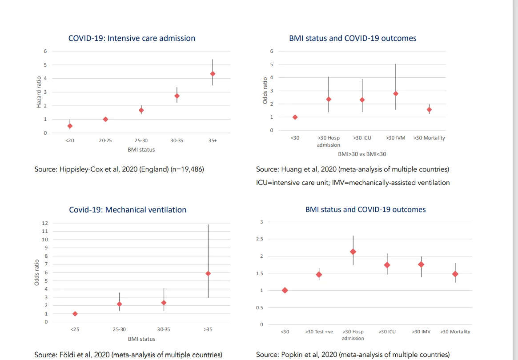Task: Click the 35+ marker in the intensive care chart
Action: [x=213, y=74]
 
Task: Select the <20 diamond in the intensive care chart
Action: [x=70, y=126]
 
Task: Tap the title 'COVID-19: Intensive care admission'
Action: [x=132, y=38]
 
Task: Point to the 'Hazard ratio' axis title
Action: [x=39, y=92]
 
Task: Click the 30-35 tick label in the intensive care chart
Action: [x=177, y=140]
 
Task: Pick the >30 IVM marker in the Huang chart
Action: [x=396, y=94]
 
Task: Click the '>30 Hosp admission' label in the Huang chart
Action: [x=329, y=141]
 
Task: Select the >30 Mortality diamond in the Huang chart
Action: [x=429, y=109]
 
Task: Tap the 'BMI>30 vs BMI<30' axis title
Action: [x=362, y=153]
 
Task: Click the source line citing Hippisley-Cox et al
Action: [x=119, y=169]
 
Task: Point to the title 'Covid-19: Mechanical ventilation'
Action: [x=128, y=210]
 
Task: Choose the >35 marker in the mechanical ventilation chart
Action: [x=208, y=273]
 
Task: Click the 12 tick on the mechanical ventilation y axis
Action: [x=44, y=223]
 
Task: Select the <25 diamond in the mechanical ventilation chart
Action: [x=75, y=314]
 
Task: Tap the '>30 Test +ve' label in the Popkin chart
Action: [x=319, y=332]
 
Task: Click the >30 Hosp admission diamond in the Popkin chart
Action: [x=353, y=252]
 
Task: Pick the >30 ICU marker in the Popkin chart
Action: [x=387, y=265]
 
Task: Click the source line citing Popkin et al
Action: [x=353, y=355]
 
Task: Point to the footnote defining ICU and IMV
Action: [x=353, y=183]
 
